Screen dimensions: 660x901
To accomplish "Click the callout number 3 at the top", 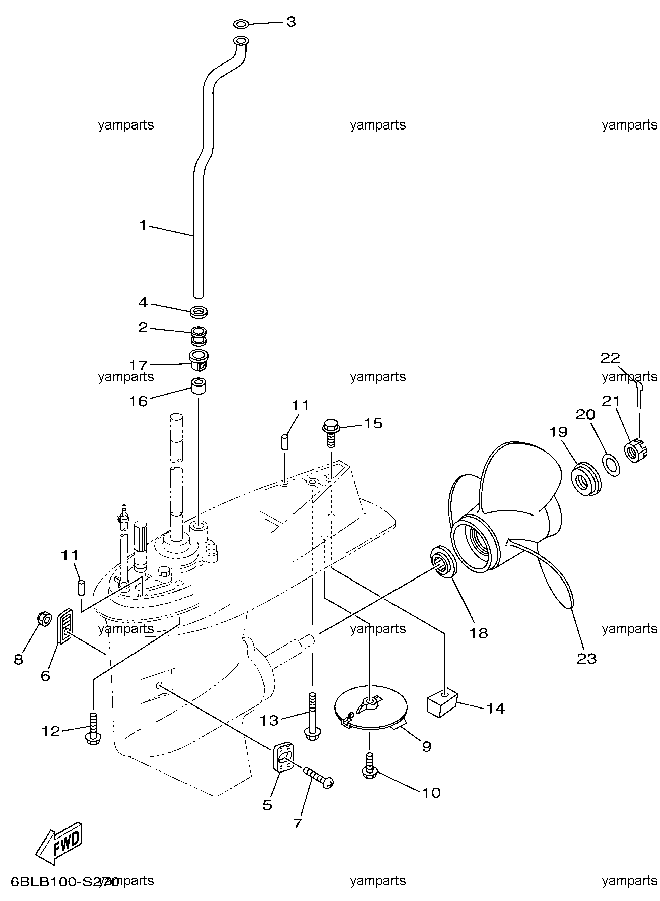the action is pos(291,22).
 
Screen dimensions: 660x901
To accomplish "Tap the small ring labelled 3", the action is pos(241,24).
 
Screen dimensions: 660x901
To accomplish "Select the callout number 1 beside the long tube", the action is pos(143,225).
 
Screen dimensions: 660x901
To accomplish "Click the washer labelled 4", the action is pos(200,312).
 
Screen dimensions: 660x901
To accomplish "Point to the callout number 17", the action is pos(139,365).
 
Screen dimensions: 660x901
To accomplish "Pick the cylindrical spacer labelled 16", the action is pos(199,385).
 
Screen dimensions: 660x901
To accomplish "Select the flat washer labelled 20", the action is pos(611,464).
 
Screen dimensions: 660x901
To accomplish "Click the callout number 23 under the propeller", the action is pos(587,659).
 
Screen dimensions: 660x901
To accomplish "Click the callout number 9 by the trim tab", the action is pos(427,746).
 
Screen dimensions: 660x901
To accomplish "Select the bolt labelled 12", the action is pos(93,728).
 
